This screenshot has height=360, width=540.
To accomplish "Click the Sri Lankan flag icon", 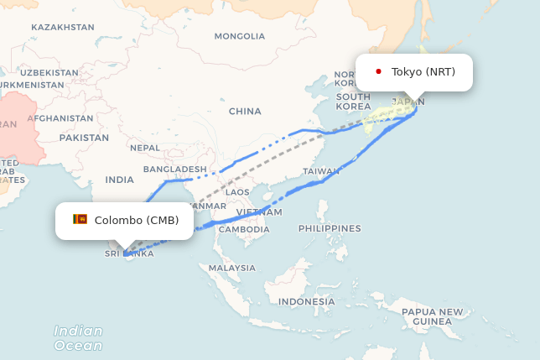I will [80, 220].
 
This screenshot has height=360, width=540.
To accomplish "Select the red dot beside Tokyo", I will [378, 72].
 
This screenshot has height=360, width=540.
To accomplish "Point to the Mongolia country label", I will [239, 36].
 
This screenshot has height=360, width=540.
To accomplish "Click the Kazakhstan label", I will [63, 27].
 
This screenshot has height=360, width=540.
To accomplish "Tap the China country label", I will [245, 111].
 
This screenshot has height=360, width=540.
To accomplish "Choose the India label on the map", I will [119, 180].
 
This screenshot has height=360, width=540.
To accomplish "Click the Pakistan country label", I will [84, 138].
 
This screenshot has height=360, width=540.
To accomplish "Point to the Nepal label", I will [145, 148].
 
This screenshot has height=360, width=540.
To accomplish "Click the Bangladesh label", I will [174, 169].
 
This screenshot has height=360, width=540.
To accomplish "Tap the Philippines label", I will [330, 228].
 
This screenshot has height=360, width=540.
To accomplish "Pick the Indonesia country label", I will [307, 301].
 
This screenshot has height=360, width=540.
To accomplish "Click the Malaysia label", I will [232, 268].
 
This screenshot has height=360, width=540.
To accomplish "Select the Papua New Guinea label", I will [432, 316].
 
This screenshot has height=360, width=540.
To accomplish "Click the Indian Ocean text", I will [78, 337].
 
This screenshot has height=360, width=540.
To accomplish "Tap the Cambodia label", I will [244, 229].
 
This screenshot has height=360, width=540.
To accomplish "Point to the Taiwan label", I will [321, 171].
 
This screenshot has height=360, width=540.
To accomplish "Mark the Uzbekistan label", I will [49, 73].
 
